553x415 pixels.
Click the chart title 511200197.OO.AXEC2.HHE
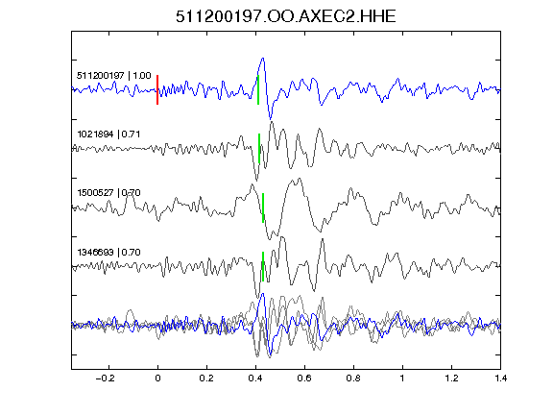(x=286, y=16)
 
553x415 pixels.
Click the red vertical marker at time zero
(x=157, y=89)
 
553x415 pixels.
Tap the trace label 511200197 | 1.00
(x=114, y=76)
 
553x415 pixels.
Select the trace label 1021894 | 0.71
(x=108, y=134)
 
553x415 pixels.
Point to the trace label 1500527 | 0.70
(x=108, y=193)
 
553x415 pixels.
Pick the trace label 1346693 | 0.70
(x=108, y=252)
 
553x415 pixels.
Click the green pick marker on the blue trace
(x=258, y=89)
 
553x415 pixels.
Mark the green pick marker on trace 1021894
(x=259, y=149)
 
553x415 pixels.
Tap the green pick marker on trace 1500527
(x=263, y=207)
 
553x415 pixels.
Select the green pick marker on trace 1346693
(x=263, y=266)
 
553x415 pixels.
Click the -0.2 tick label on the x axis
(x=105, y=378)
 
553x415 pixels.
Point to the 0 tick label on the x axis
(x=157, y=378)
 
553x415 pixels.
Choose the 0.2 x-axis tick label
(x=206, y=378)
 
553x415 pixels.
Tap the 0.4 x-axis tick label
(x=255, y=378)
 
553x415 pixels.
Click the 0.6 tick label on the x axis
(x=304, y=378)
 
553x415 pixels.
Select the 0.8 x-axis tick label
(x=353, y=378)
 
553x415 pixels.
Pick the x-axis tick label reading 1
(x=402, y=378)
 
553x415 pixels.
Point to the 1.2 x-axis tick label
(x=451, y=378)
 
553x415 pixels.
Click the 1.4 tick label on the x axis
(x=500, y=378)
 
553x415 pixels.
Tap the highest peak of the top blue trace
(x=263, y=59)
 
